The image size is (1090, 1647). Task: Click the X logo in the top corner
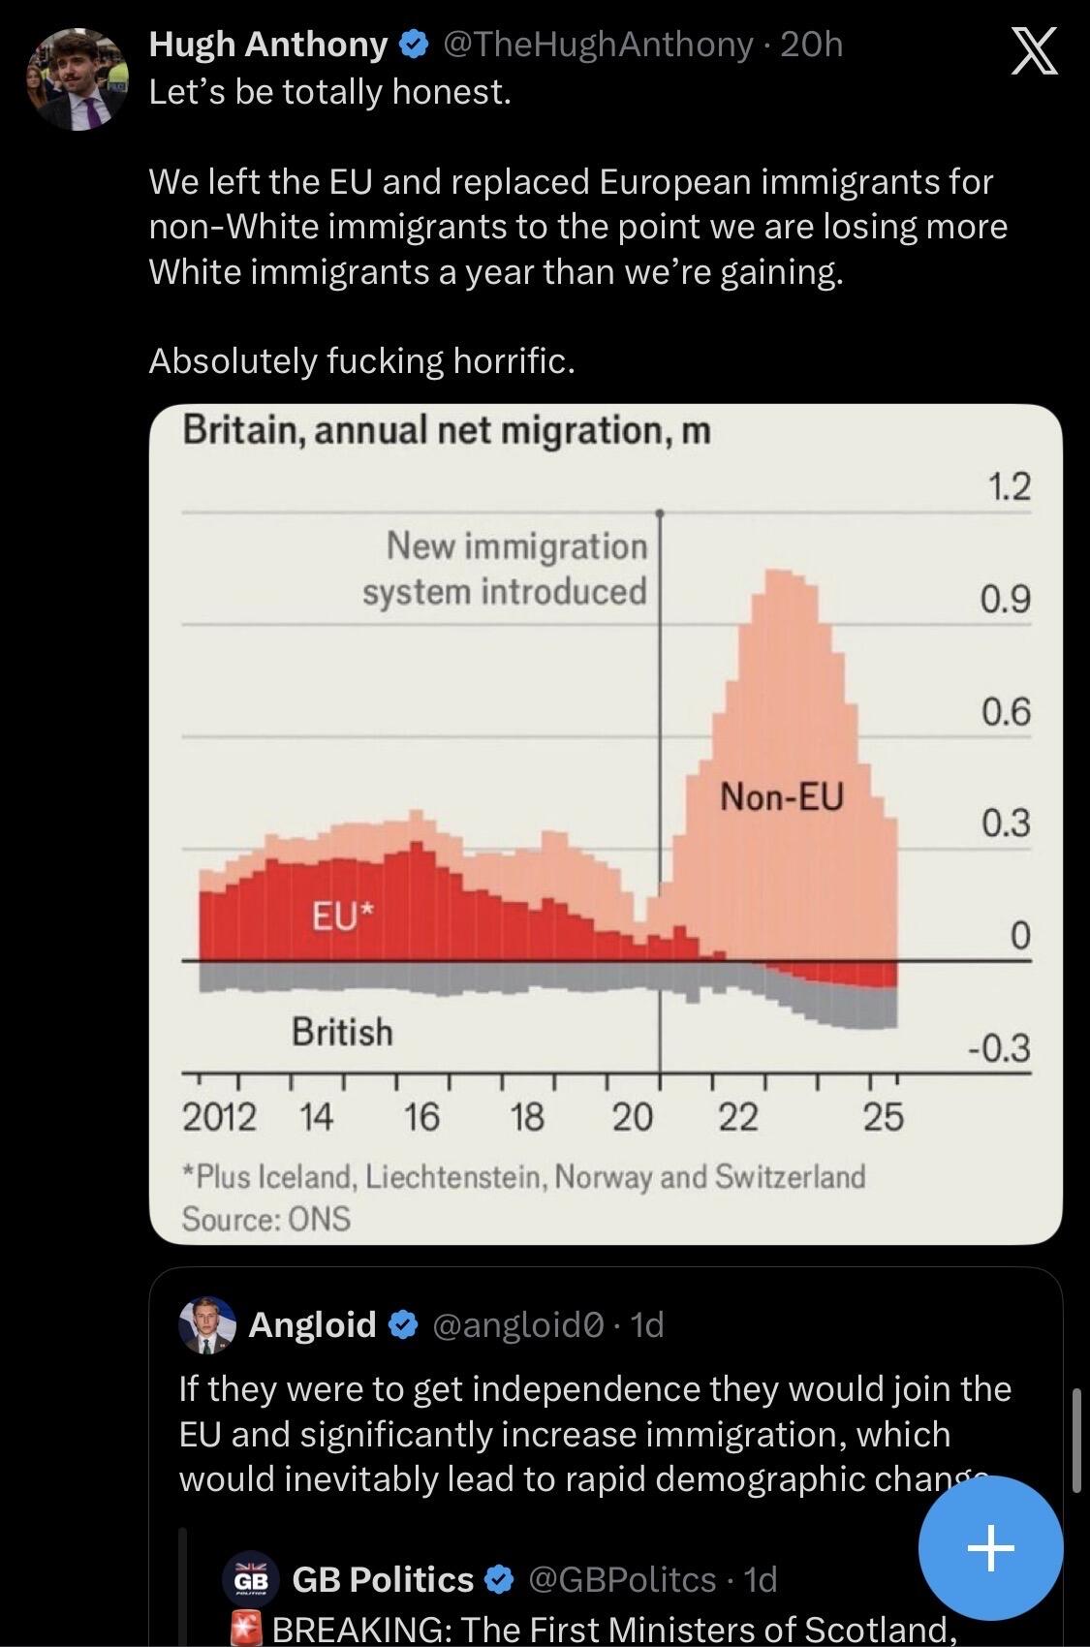tap(1034, 50)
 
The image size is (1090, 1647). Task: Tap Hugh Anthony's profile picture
tap(78, 79)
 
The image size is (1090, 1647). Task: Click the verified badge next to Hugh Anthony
tap(414, 46)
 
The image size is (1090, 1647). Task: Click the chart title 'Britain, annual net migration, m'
tap(448, 430)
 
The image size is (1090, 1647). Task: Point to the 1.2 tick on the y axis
tap(1009, 486)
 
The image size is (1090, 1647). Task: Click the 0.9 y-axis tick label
tap(1006, 600)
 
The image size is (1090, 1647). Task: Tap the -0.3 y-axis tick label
tap(999, 1047)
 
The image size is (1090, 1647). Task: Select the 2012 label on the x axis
tap(219, 1118)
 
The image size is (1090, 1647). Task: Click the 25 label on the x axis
tap(884, 1118)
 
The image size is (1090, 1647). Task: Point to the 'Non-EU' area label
tap(782, 797)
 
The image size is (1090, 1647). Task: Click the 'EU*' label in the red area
tap(343, 917)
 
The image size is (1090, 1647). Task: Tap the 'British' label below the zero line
tap(343, 1032)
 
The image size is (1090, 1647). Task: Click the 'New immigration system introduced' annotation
tap(506, 569)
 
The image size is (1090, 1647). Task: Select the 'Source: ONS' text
tap(266, 1219)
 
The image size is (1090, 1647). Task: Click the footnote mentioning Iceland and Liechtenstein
tap(523, 1176)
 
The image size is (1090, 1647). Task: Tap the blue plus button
tap(991, 1548)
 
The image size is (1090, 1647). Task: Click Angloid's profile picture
tap(207, 1325)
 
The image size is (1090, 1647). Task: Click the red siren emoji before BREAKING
tap(246, 1630)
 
